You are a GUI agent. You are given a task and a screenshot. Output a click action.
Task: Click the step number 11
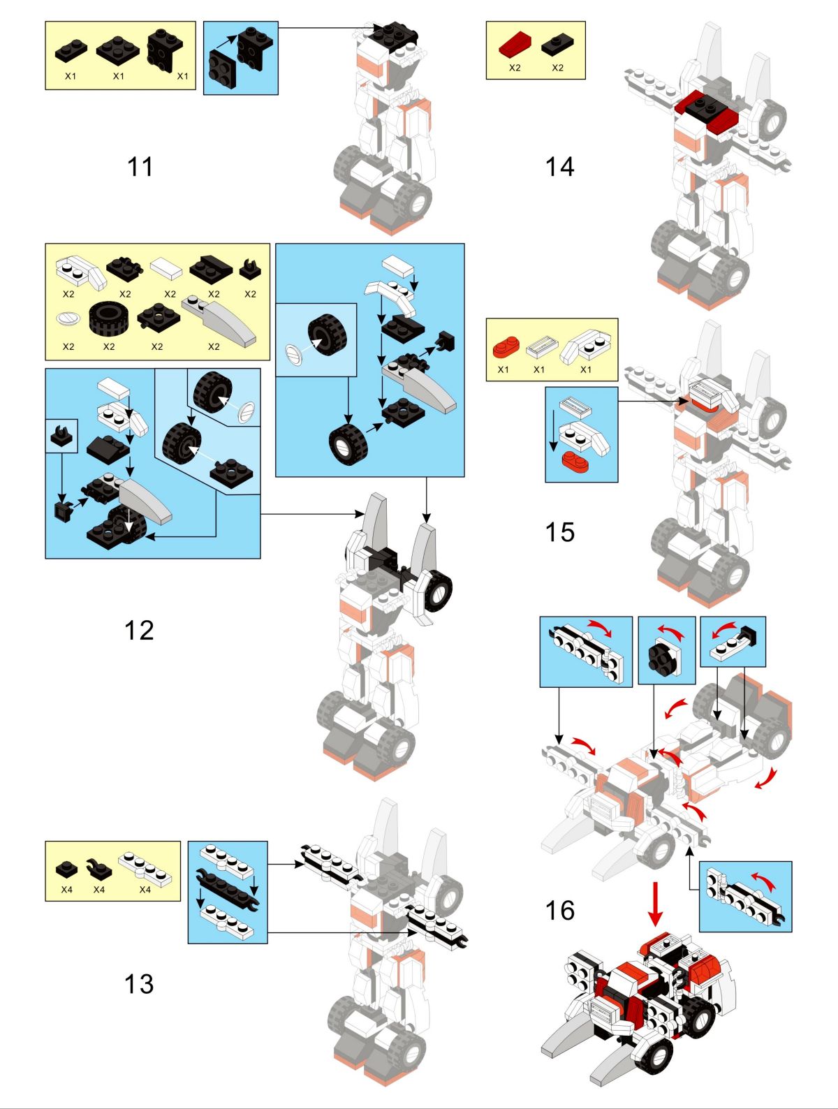click(140, 167)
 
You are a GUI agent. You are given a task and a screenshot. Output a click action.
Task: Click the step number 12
click(139, 630)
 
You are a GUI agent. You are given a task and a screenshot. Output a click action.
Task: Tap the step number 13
click(139, 984)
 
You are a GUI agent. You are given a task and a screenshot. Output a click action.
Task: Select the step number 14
click(559, 167)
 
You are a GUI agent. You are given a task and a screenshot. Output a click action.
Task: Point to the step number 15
click(559, 532)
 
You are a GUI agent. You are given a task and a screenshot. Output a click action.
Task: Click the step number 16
click(559, 911)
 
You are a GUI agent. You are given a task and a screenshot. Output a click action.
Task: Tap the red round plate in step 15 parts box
click(505, 346)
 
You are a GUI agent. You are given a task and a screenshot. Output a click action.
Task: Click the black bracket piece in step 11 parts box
click(165, 50)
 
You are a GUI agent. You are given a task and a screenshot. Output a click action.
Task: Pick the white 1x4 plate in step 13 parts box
click(145, 868)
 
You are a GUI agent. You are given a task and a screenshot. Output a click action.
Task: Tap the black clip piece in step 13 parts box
click(98, 869)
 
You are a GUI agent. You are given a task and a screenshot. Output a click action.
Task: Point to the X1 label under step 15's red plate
click(503, 369)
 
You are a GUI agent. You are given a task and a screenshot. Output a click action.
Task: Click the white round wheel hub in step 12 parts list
click(68, 319)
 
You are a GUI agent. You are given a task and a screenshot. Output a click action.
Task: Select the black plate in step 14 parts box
click(557, 45)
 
